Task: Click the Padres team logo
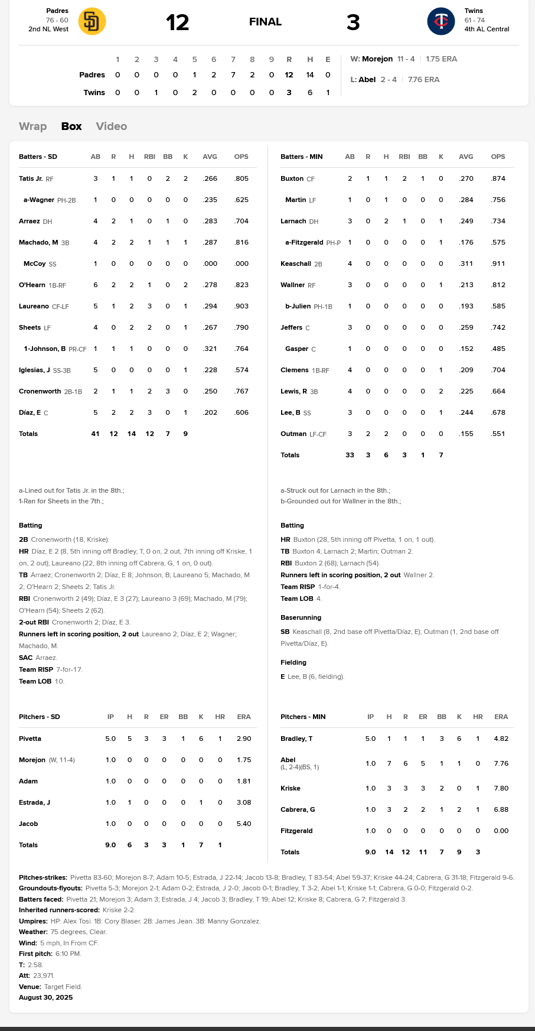coord(92,22)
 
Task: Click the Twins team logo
coord(441,22)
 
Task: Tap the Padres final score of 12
coord(177,22)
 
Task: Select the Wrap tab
coord(32,126)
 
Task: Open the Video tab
coord(111,126)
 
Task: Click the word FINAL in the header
coord(265,22)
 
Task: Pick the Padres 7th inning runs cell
coord(233,75)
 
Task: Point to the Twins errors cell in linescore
coord(328,93)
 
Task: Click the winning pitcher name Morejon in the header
coord(377,59)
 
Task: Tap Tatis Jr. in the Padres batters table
coord(31,178)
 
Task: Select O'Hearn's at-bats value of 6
coord(95,285)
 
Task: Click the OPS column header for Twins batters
coord(498,157)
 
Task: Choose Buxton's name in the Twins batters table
coord(292,178)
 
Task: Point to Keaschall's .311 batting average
coord(466,264)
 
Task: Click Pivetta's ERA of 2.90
coord(244,739)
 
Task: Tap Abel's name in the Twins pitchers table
coord(288,760)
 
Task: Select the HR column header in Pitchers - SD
coord(220,717)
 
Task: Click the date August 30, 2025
coord(46,997)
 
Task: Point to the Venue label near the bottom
coord(30,987)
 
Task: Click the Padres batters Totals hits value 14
coord(131,434)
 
